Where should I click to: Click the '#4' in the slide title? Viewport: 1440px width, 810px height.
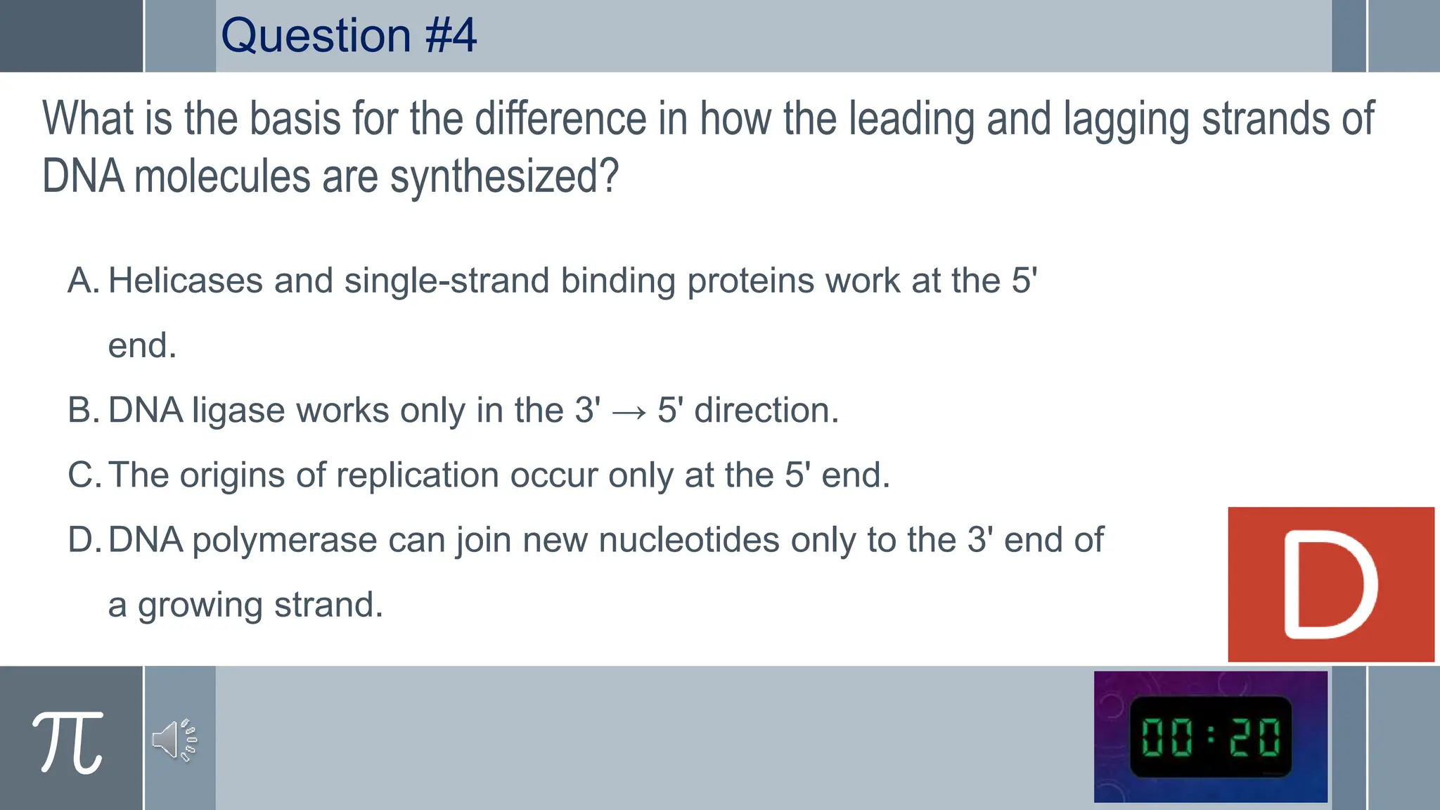click(451, 35)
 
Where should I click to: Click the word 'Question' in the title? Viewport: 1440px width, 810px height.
click(316, 35)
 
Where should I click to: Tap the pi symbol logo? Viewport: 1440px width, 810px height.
click(68, 742)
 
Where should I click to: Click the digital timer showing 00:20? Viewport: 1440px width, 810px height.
click(1210, 738)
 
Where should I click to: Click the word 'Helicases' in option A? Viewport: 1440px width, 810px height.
click(186, 281)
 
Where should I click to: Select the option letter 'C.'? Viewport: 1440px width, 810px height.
click(84, 475)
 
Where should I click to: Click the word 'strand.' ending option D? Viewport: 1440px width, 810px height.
click(328, 605)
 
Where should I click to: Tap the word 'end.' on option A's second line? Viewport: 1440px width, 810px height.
click(142, 346)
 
